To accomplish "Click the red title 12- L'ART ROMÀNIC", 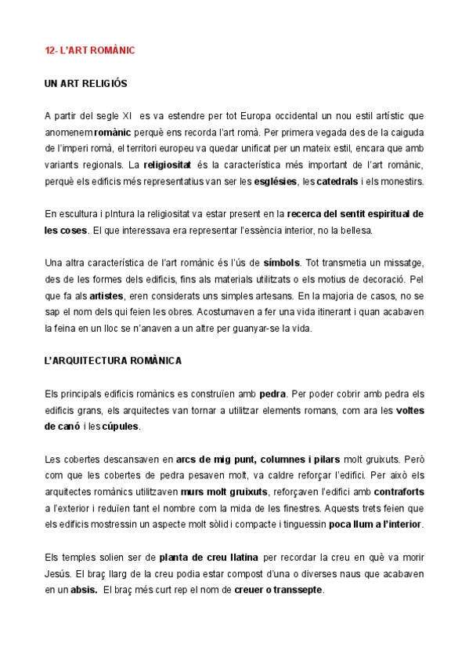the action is [90, 50].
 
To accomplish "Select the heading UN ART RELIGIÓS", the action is [86, 83].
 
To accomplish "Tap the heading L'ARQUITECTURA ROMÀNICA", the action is [113, 361].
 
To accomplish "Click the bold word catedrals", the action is [337, 182].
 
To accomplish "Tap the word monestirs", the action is [399, 182].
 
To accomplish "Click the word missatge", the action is [401, 263].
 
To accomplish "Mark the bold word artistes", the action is [106, 296].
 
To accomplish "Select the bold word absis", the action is [83, 591].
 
